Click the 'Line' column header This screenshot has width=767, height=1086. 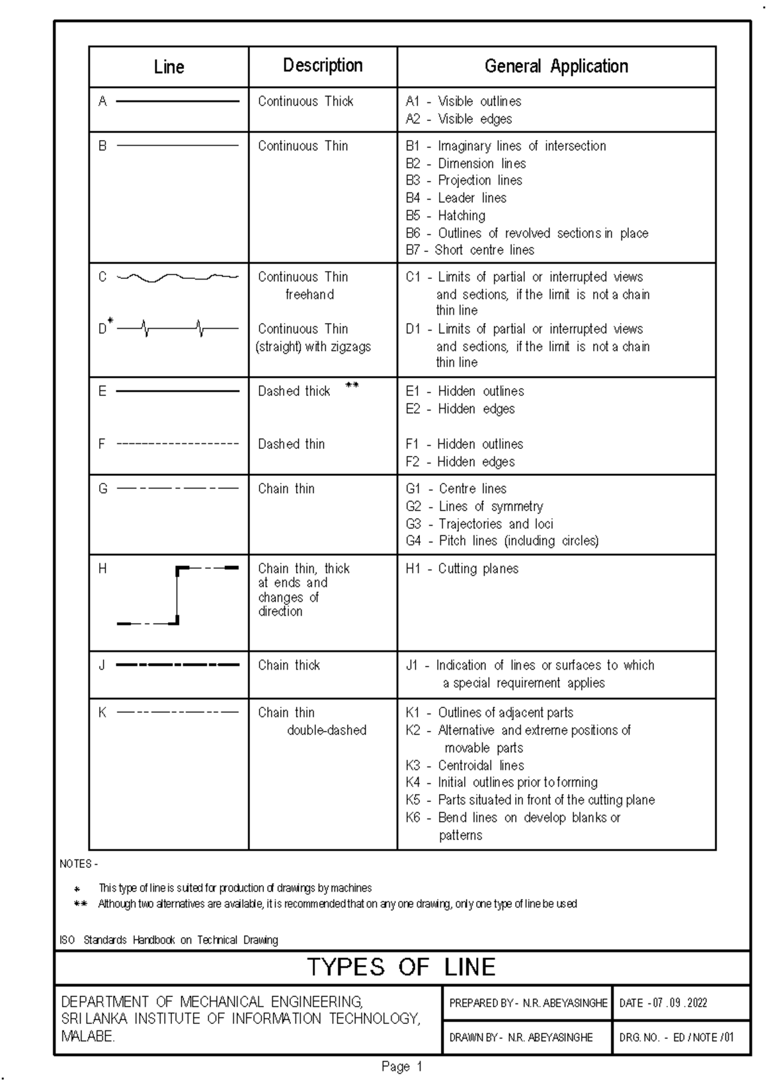(x=169, y=67)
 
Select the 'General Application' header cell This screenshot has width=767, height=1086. (x=556, y=66)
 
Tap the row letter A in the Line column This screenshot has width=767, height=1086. (x=102, y=101)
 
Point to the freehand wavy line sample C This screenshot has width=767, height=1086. (x=178, y=278)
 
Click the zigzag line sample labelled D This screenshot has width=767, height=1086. (x=178, y=329)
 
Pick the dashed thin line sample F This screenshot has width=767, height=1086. (x=178, y=444)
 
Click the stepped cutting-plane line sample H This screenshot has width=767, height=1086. (x=178, y=595)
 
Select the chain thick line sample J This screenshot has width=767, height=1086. (x=178, y=665)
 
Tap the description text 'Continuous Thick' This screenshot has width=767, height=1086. (x=306, y=101)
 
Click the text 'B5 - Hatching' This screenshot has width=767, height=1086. (x=445, y=216)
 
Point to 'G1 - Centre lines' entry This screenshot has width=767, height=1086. (x=456, y=489)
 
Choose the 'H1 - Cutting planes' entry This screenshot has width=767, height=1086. (x=462, y=569)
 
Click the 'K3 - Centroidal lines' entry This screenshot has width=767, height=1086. (x=465, y=766)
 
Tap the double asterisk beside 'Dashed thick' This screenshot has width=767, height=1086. (x=352, y=385)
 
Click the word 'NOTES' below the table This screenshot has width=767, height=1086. (x=75, y=864)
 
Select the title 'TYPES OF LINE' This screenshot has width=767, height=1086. (x=401, y=967)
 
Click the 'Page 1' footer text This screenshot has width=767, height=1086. (x=402, y=1066)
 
